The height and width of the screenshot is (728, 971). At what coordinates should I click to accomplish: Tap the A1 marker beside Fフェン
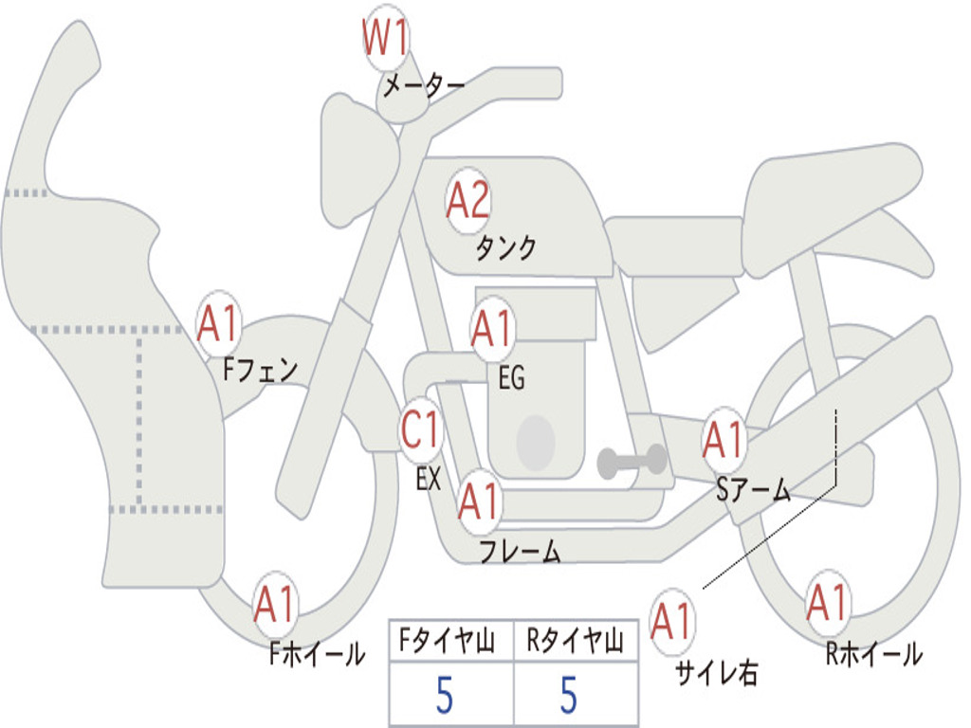[219, 324]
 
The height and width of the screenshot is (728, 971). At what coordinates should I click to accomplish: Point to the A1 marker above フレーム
[479, 501]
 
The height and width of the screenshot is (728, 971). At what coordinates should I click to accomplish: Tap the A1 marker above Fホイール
[275, 604]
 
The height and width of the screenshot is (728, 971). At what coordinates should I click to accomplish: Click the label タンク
[505, 248]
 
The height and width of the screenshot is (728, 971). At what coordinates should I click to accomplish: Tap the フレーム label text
[520, 552]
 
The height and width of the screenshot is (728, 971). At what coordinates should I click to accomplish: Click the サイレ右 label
[716, 673]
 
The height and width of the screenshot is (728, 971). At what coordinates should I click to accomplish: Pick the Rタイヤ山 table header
[575, 643]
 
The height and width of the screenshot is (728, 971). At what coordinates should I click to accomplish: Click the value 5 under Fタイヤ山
[445, 696]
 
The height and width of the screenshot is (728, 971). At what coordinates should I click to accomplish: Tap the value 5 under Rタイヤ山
[568, 696]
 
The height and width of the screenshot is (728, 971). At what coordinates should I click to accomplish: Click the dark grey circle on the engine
[535, 442]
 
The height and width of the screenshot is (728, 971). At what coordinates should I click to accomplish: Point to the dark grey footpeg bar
[632, 461]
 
